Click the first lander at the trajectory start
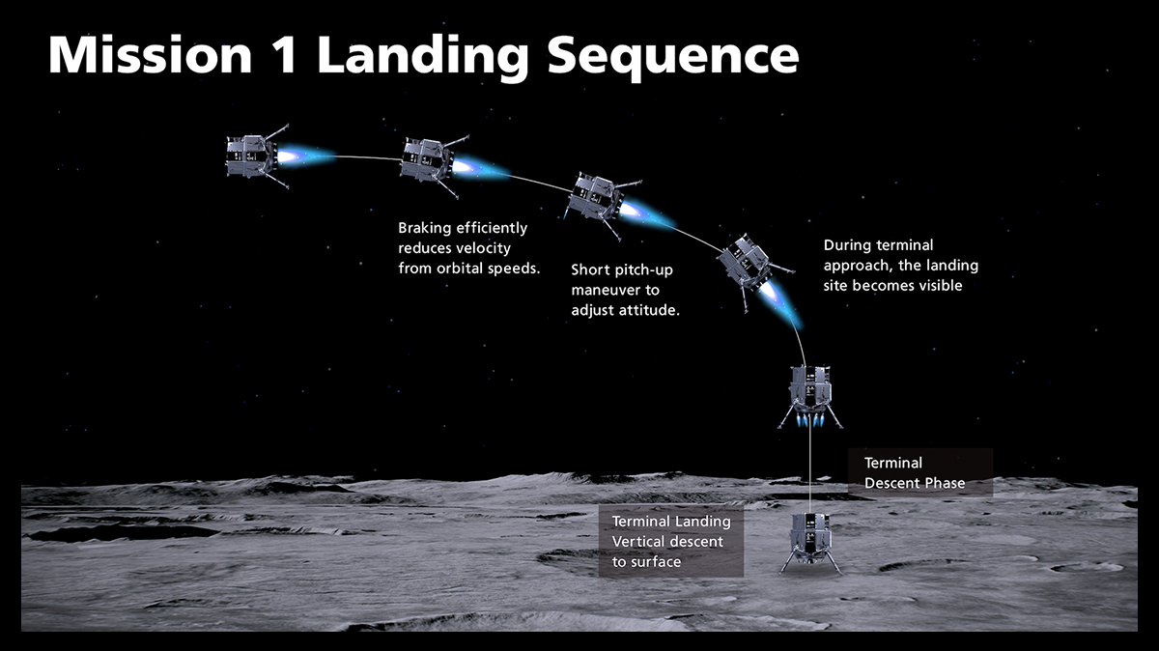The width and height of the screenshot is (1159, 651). (250, 156)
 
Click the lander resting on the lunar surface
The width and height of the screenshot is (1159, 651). (809, 542)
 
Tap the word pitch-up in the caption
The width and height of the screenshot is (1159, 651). (637, 270)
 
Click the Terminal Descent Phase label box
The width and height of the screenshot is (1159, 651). (919, 473)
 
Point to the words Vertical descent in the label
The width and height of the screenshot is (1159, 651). (667, 542)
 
